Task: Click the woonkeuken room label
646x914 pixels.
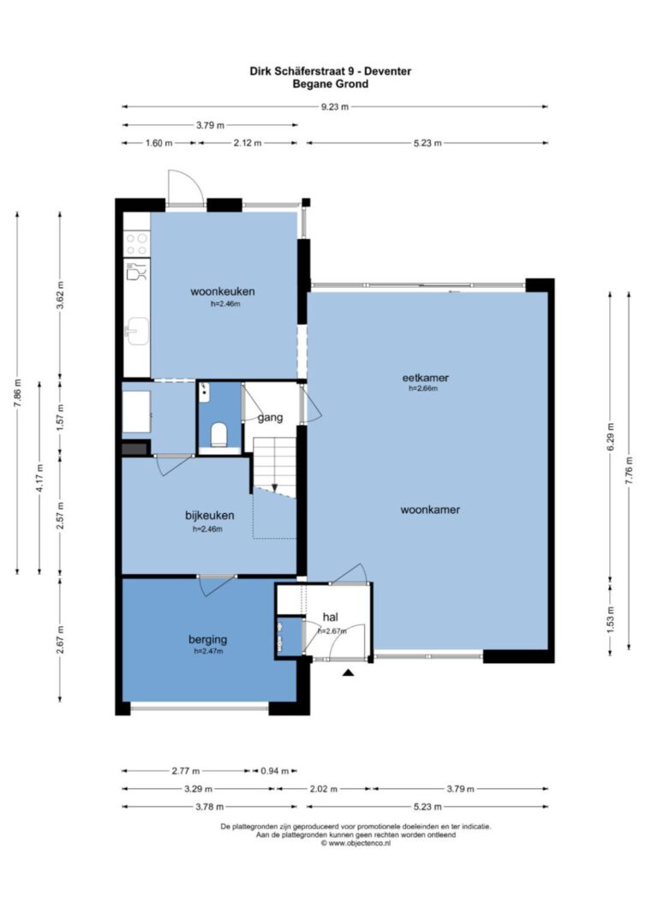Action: coord(222,291)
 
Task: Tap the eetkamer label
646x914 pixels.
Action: coord(426,377)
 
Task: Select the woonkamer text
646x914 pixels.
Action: coord(430,510)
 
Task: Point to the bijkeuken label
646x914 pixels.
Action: coord(209,516)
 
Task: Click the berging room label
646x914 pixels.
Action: coord(207,639)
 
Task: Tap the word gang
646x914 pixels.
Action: coord(270,417)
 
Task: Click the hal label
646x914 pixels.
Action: coord(330,617)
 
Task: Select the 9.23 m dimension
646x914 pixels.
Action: coord(335,107)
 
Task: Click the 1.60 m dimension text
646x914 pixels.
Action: coord(159,143)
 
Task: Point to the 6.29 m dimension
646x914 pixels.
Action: coord(610,437)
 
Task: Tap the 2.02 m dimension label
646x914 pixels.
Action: coord(324,789)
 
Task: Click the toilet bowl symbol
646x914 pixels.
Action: coord(219,434)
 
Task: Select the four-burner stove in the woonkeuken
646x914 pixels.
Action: coord(136,243)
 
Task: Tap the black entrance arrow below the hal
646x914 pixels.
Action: coord(349,672)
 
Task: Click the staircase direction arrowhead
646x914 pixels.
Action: coord(275,487)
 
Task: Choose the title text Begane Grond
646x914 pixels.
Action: coord(331,84)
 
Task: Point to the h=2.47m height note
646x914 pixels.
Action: coord(208,651)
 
